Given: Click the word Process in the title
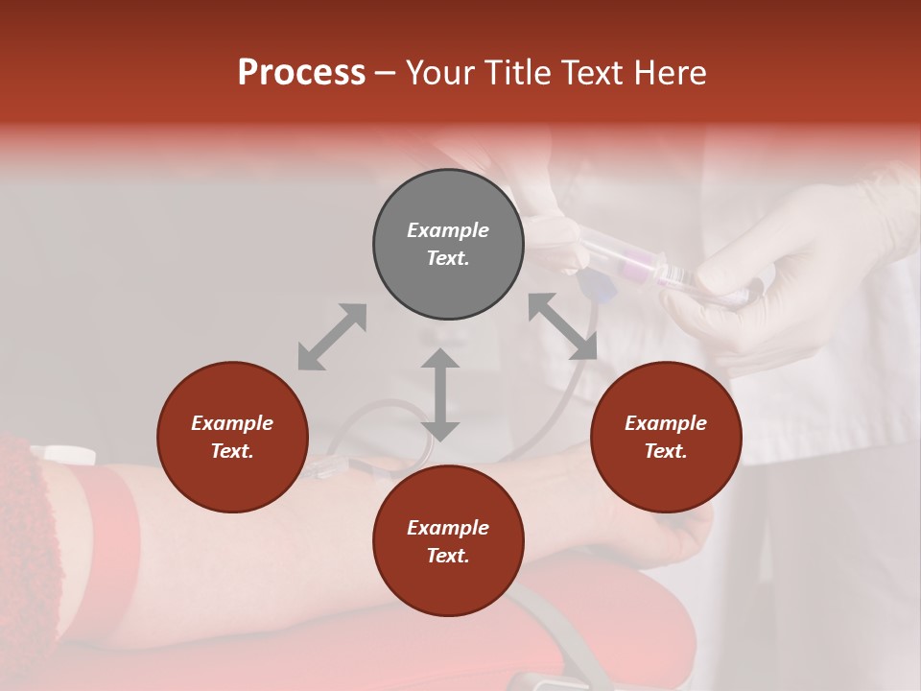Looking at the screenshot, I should [301, 73].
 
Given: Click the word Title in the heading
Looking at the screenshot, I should [513, 73].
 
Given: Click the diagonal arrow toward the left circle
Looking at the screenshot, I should [332, 336].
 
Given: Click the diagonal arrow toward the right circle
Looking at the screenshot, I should [562, 326].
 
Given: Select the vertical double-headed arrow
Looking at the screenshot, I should [440, 394].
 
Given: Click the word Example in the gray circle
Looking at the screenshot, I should [448, 230].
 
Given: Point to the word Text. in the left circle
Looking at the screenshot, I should [232, 451].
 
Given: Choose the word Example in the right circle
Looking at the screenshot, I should [666, 423].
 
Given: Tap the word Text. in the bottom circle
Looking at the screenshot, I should [448, 556].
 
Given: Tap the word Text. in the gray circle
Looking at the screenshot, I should [448, 258].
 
